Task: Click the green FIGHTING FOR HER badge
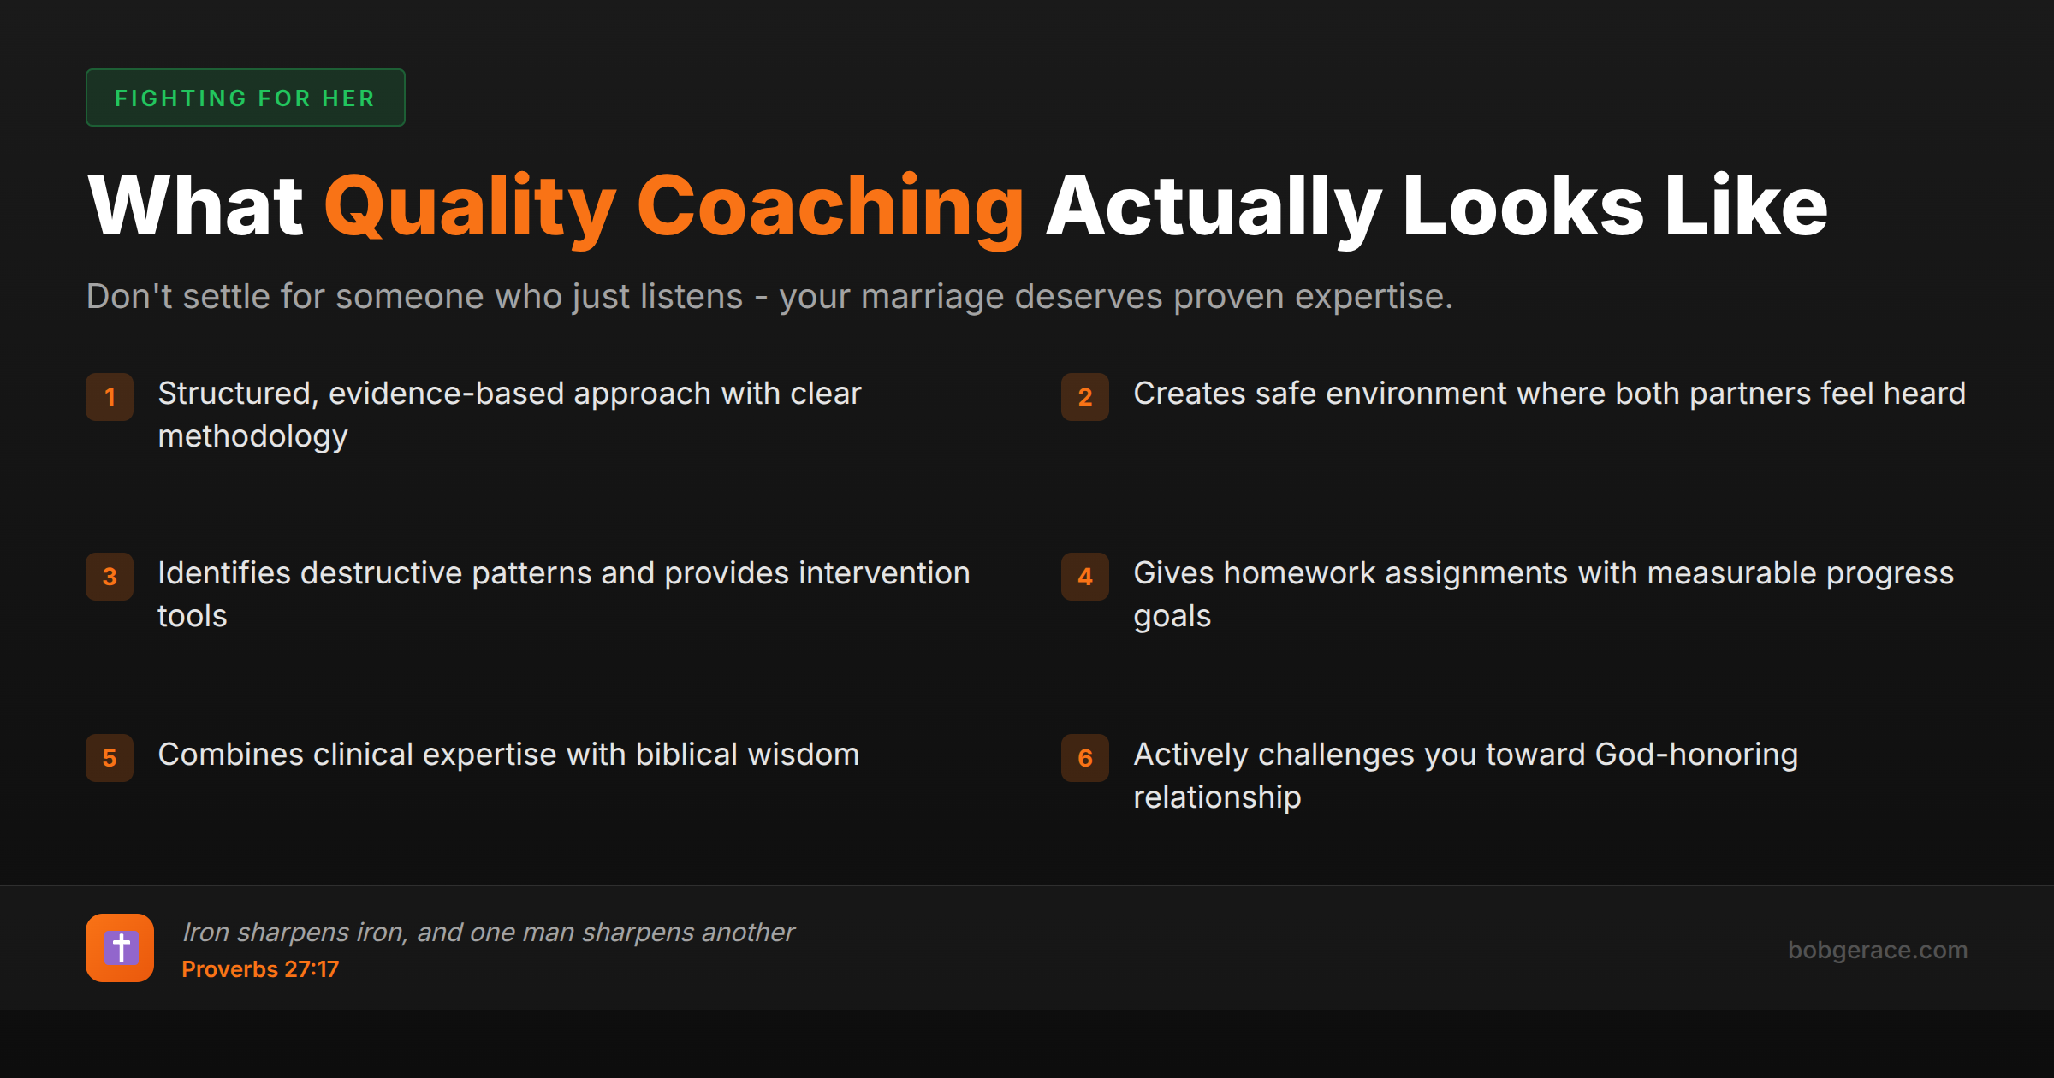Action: [245, 98]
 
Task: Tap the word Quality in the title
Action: [469, 207]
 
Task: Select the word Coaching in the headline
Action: [829, 207]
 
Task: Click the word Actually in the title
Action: [1213, 207]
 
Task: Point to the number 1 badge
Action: [110, 397]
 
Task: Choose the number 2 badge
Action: [1084, 397]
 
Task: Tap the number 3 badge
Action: [110, 577]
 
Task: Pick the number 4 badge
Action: [1084, 577]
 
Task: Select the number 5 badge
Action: [110, 758]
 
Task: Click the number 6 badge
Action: [1084, 758]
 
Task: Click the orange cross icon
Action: [120, 948]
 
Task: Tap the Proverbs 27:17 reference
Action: [260, 969]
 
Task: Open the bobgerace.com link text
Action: [1877, 950]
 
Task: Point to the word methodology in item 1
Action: [252, 437]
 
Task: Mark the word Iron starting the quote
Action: [205, 932]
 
